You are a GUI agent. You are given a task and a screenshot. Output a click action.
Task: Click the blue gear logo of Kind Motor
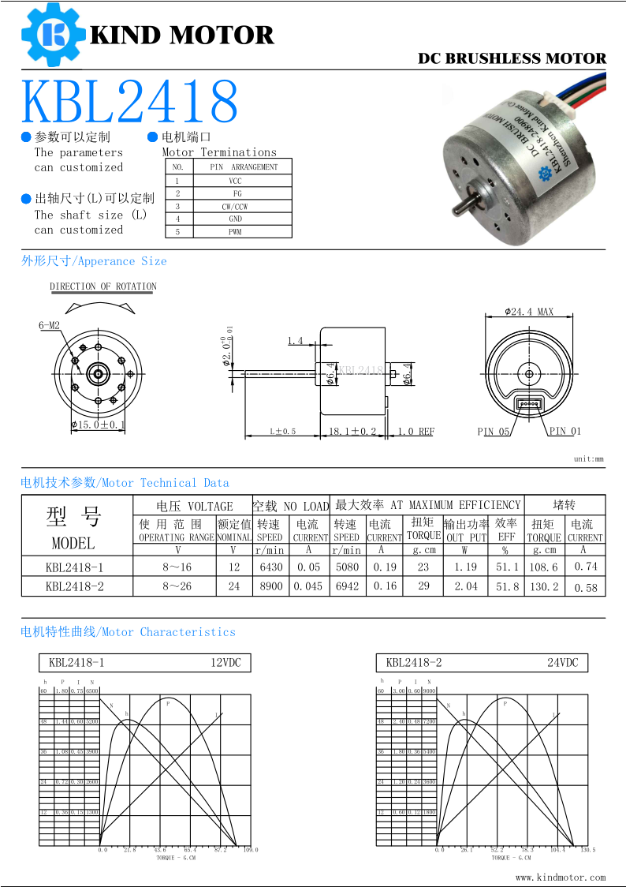pos(53,34)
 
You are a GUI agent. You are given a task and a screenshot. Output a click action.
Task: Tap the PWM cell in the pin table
pos(236,232)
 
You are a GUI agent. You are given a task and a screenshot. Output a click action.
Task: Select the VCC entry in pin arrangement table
pos(236,181)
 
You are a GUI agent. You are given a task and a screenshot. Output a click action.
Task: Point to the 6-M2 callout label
pos(49,325)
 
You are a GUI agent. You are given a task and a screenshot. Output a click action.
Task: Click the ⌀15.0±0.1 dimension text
pos(99,425)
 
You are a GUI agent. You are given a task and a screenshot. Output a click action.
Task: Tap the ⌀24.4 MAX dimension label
pos(529,312)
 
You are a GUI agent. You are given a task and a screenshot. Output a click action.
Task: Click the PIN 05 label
pos(494,432)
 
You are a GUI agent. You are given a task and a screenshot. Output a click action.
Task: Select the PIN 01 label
pos(565,431)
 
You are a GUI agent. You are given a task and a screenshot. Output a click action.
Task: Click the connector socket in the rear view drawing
pos(529,404)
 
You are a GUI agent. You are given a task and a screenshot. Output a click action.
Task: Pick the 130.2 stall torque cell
pos(544,586)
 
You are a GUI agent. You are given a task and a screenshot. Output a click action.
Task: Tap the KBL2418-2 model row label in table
pos(74,586)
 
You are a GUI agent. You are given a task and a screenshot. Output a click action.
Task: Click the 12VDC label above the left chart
pos(225,663)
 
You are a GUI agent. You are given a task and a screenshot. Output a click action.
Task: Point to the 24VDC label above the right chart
pos(563,663)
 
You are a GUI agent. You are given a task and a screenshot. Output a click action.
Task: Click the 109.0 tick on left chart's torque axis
pos(251,850)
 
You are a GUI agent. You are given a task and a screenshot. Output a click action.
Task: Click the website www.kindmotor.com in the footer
pos(561,877)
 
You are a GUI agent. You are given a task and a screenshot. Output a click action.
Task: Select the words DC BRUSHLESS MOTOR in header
pos(512,58)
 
